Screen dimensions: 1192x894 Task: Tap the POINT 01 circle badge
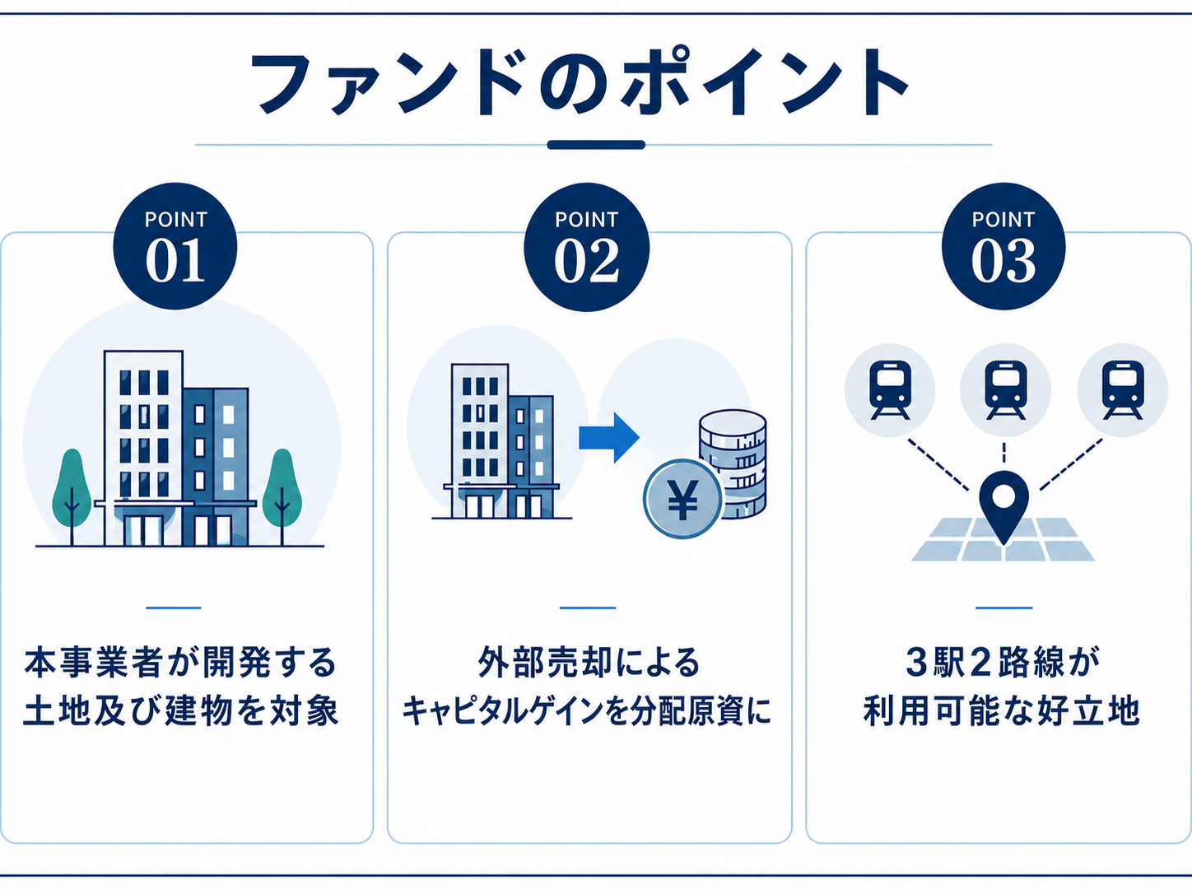pyautogui.click(x=175, y=246)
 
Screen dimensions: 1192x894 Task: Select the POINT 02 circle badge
pyautogui.click(x=586, y=247)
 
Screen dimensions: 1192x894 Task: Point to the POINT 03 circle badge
pyautogui.click(x=1003, y=246)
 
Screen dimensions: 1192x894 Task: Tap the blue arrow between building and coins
pyautogui.click(x=609, y=437)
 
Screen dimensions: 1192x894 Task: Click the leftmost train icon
pyautogui.click(x=890, y=389)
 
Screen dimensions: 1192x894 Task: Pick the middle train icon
pyautogui.click(x=1006, y=389)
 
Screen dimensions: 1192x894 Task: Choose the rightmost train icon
pyautogui.click(x=1123, y=389)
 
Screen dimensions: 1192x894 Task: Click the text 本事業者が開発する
pyautogui.click(x=181, y=662)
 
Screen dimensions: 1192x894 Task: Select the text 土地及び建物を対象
pyautogui.click(x=181, y=710)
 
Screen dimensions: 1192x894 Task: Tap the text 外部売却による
pyautogui.click(x=589, y=662)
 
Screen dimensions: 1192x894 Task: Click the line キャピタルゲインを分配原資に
pyautogui.click(x=586, y=710)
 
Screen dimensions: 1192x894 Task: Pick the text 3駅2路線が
pyautogui.click(x=1003, y=662)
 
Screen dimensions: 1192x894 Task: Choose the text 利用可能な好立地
pyautogui.click(x=1003, y=710)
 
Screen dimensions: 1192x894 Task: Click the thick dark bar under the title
pyautogui.click(x=596, y=145)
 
